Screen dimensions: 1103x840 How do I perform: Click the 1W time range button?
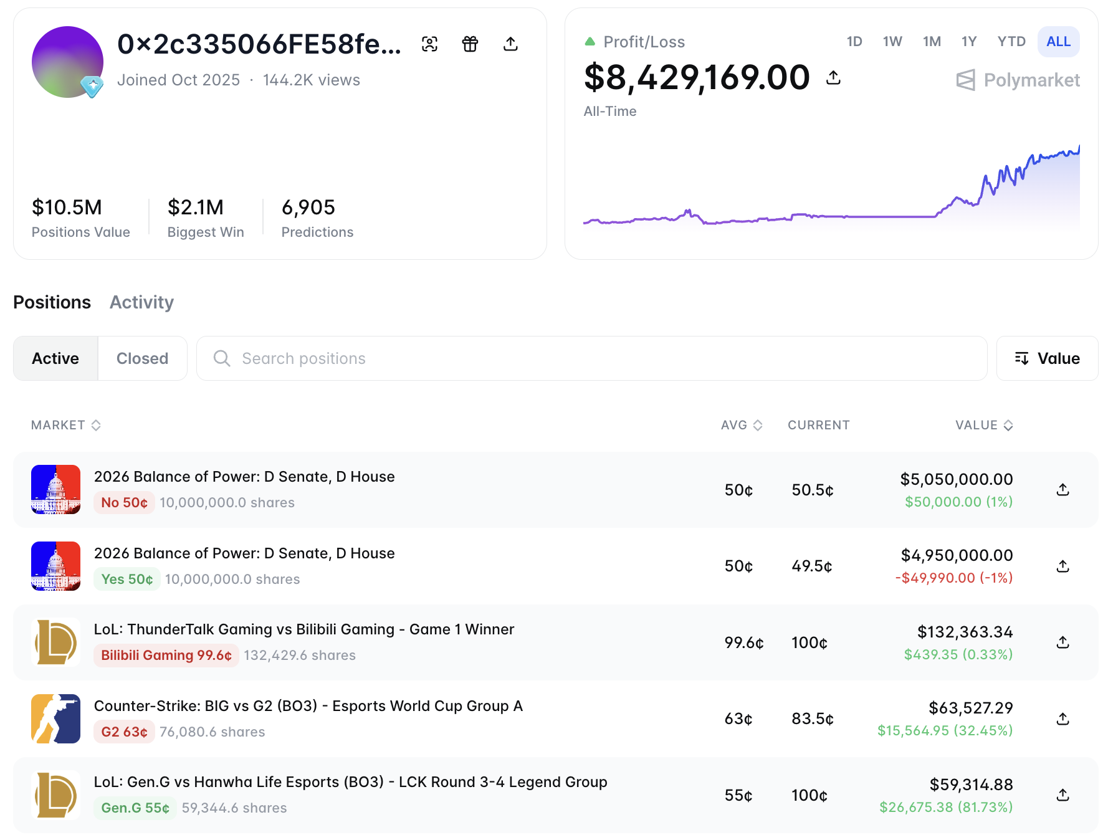892,42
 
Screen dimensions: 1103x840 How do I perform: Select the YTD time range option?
1011,42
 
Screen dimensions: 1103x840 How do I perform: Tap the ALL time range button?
1058,42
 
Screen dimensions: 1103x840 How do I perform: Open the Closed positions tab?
142,358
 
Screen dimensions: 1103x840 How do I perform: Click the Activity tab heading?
141,302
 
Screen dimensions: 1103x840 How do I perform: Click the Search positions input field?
591,358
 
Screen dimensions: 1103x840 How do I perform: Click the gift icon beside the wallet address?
470,44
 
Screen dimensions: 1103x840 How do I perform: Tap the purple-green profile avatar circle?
67,62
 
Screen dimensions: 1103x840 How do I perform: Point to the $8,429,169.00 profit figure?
697,77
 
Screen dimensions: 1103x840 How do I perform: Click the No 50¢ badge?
124,502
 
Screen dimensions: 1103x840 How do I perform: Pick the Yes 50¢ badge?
127,579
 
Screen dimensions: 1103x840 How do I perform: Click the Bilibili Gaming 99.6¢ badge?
166,655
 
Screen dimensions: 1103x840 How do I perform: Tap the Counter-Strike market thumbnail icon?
55,718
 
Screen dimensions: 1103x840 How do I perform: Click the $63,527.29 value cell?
970,708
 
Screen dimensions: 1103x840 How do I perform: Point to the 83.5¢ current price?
812,718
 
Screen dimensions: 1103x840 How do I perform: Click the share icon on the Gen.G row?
1063,795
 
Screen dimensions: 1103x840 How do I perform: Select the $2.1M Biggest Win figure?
196,207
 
